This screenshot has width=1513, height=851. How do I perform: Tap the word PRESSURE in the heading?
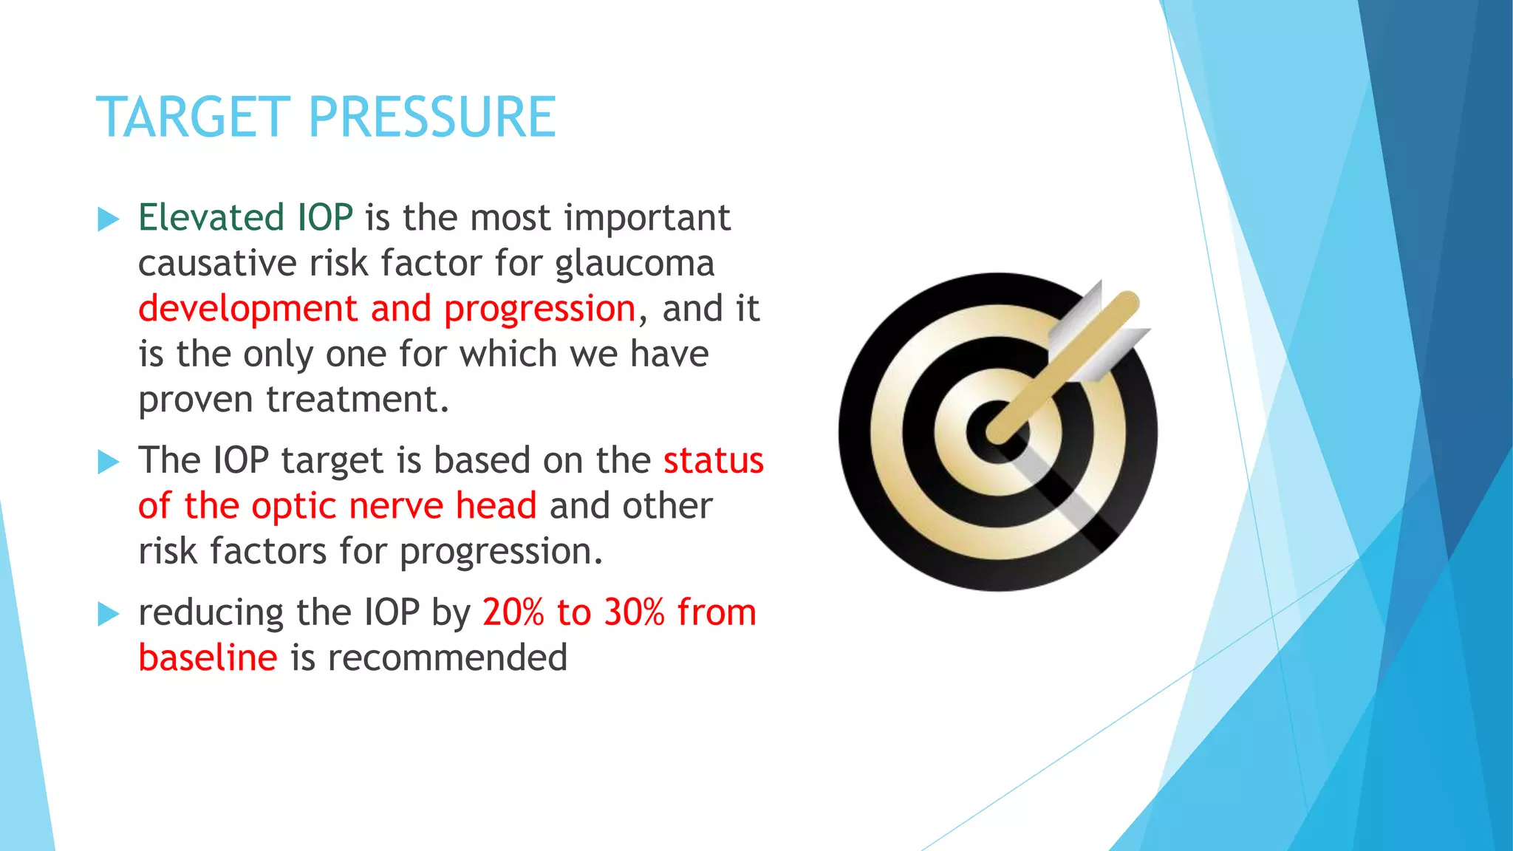click(431, 117)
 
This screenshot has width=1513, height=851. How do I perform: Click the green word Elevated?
click(211, 218)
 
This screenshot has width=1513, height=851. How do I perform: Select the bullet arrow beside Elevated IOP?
click(108, 219)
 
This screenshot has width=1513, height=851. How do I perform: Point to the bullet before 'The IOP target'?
click(108, 462)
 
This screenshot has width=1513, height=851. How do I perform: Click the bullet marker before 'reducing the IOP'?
click(108, 614)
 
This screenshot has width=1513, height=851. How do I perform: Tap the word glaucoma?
click(635, 264)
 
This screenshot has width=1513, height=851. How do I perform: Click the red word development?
click(248, 309)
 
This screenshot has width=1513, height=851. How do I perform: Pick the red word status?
click(713, 461)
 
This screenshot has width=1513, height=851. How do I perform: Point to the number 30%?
click(634, 612)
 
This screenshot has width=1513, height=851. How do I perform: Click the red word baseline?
click(208, 657)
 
